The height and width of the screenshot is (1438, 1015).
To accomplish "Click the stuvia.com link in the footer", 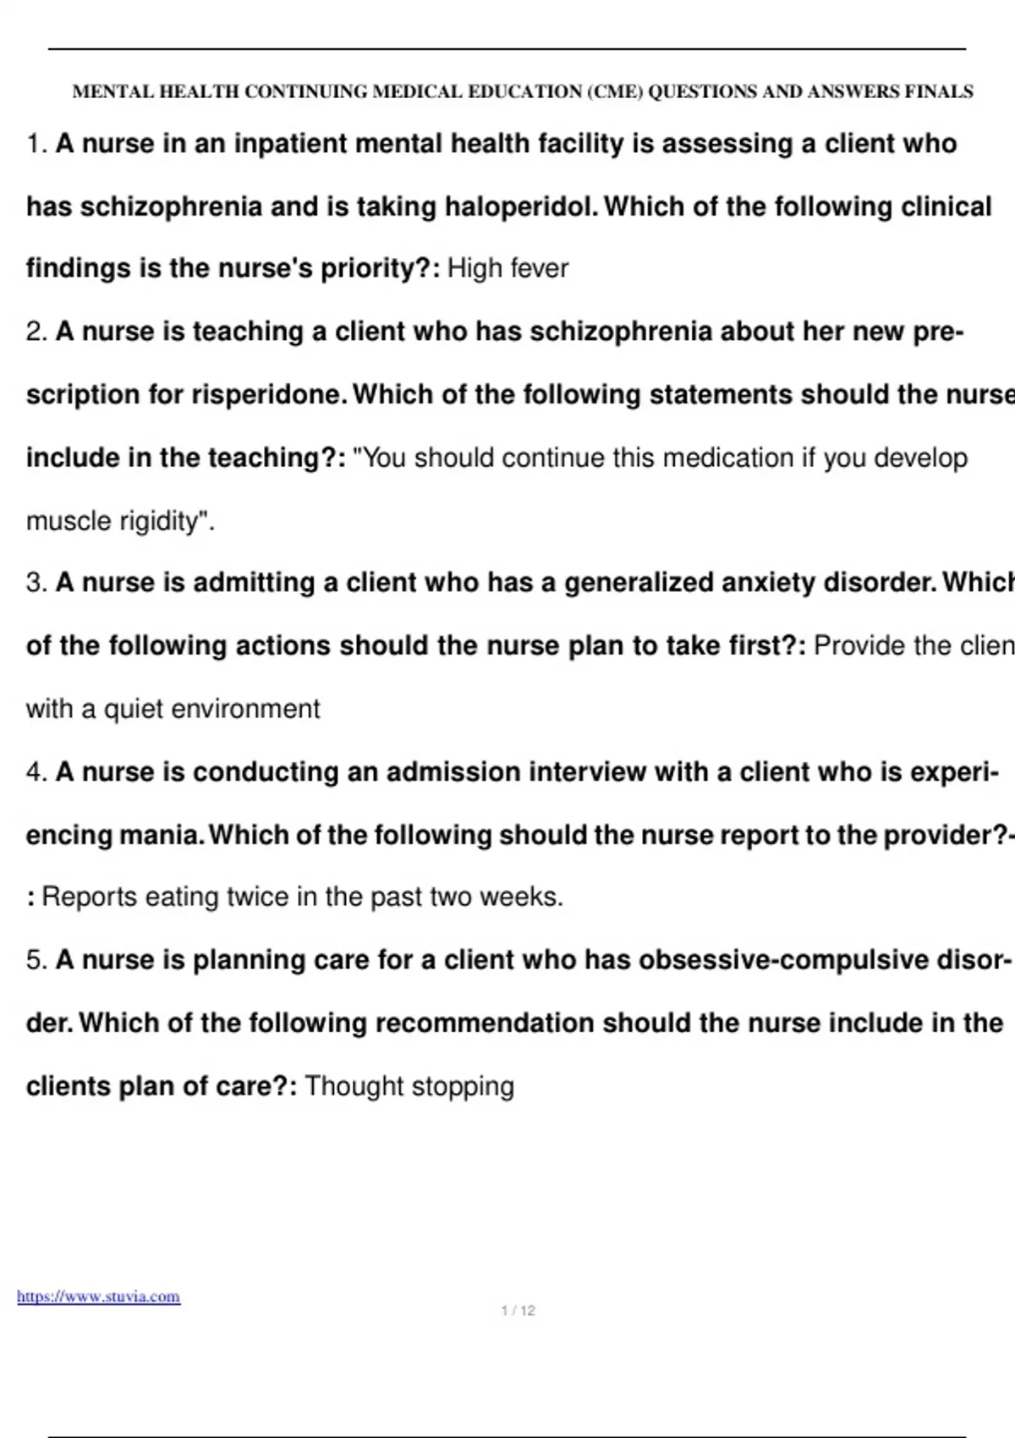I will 98,1297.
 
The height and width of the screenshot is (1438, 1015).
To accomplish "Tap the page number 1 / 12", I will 518,1310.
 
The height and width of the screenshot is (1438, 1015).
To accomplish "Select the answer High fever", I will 507,268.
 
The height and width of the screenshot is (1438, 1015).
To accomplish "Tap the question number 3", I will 36,583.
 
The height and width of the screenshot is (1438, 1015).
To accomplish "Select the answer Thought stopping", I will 409,1086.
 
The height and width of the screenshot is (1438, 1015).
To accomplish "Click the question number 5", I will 36,960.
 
